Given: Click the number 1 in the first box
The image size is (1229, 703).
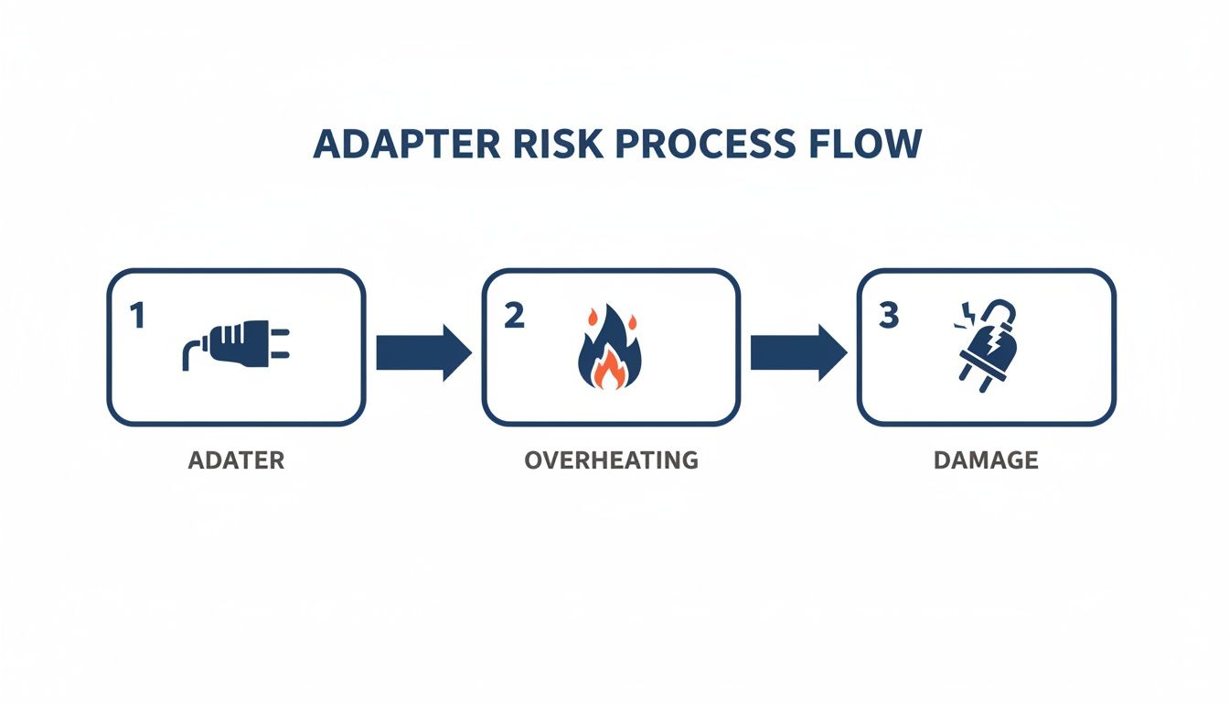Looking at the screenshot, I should (x=137, y=317).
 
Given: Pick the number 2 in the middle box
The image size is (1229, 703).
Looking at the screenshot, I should (x=514, y=317).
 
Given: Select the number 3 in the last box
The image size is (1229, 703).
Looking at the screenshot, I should (x=888, y=317).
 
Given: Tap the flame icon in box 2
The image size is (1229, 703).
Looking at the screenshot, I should (x=610, y=350).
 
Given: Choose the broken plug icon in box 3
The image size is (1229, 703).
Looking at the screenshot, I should (x=989, y=346).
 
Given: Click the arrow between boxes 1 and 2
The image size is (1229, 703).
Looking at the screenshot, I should (x=422, y=351).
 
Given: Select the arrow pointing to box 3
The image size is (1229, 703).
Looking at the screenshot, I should (x=797, y=351).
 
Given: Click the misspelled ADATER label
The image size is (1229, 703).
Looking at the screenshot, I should (x=236, y=460).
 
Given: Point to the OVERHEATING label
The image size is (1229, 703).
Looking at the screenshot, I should (x=611, y=460).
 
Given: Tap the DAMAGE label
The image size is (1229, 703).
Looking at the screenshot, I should (x=986, y=460).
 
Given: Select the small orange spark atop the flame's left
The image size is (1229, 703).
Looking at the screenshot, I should (x=591, y=318).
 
